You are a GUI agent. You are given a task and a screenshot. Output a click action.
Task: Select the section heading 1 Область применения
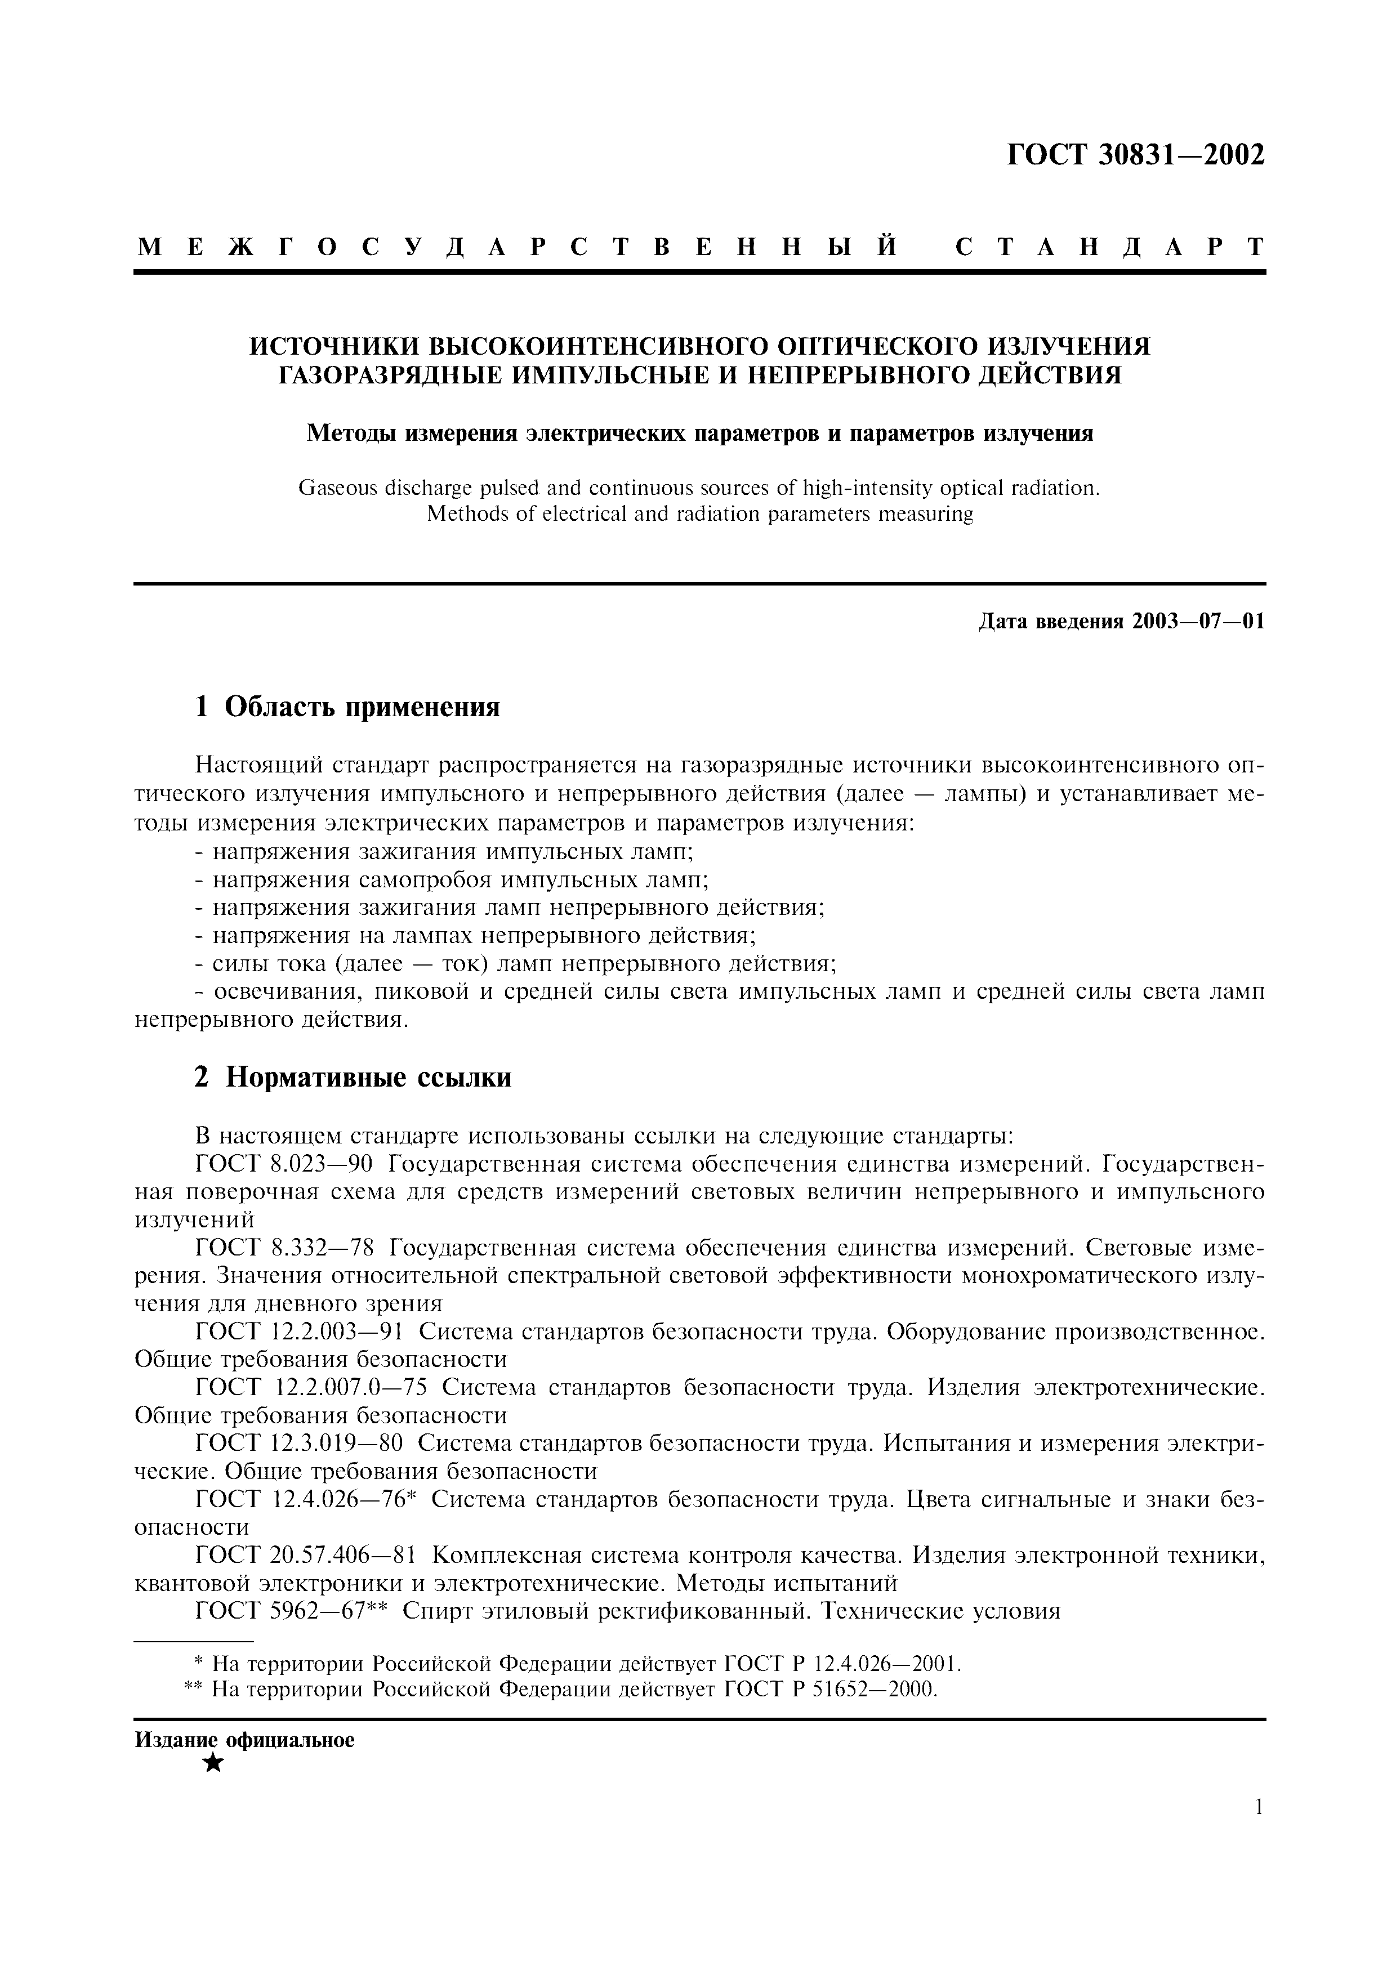click(x=347, y=707)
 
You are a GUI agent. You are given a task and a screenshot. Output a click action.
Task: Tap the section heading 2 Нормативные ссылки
click(x=353, y=1077)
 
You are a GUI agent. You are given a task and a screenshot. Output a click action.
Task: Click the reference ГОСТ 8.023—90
click(x=284, y=1165)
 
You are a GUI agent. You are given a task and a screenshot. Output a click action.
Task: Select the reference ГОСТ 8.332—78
click(x=284, y=1248)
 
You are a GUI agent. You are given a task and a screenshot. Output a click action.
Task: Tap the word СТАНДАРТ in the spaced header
click(x=1109, y=248)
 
